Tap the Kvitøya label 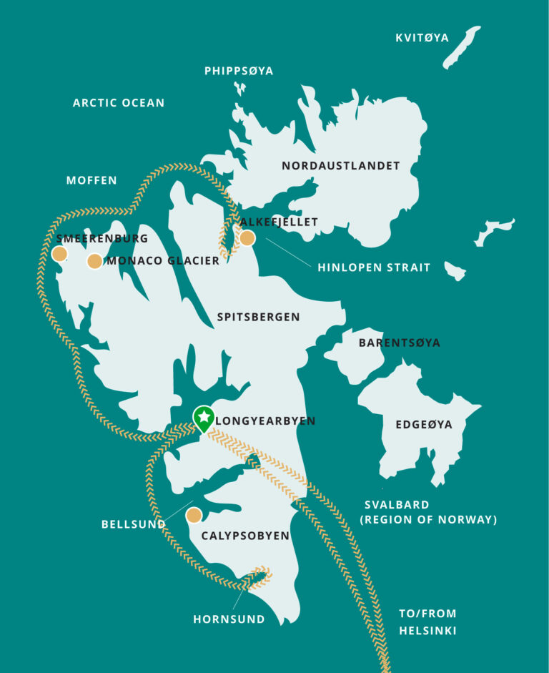point(422,37)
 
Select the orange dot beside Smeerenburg point(59,254)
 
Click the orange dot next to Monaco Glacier point(94,261)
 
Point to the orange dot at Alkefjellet point(247,238)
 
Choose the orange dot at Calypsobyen point(194,515)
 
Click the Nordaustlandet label point(340,166)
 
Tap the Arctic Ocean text point(119,103)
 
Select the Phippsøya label point(239,71)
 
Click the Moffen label point(91,180)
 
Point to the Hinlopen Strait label point(374,267)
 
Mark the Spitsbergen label point(259,317)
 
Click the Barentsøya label point(400,343)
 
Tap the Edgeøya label point(424,425)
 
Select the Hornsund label point(229,619)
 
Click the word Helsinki point(427,631)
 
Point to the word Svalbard point(395,505)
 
